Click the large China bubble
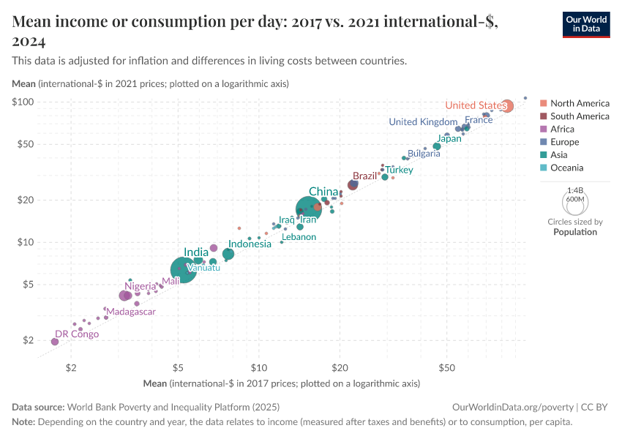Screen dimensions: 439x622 [x=313, y=209]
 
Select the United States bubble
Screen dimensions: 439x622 [x=506, y=106]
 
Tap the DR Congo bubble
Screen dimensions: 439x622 [x=55, y=342]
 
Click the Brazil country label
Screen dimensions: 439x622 [x=364, y=176]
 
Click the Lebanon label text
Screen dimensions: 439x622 [x=299, y=237]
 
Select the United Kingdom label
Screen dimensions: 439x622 [x=423, y=122]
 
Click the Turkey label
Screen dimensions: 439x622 [x=400, y=170]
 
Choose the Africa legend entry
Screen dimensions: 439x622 [x=562, y=129]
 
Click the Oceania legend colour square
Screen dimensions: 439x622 [x=543, y=168]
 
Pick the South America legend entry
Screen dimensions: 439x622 [x=580, y=116]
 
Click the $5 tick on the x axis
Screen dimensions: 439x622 [x=178, y=368]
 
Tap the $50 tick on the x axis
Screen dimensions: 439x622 [x=447, y=368]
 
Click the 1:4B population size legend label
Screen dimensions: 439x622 [x=575, y=190]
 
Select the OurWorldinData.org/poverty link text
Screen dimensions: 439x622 [x=512, y=407]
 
